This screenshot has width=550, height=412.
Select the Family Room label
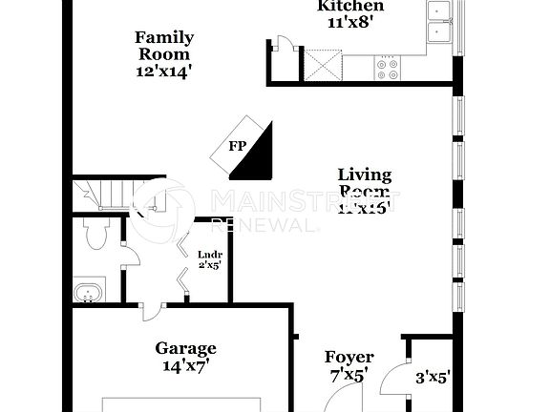(163, 46)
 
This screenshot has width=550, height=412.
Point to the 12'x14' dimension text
(163, 71)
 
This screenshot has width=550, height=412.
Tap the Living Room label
(365, 183)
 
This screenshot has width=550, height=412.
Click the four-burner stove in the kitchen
(389, 68)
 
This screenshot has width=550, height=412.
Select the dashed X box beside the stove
(323, 67)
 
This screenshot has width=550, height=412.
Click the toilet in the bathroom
(96, 234)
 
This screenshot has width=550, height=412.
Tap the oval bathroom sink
(89, 292)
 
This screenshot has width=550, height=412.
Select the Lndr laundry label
(209, 260)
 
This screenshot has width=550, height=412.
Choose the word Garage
(185, 349)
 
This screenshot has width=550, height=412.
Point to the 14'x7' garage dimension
(185, 365)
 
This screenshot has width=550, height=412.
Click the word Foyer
(349, 358)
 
